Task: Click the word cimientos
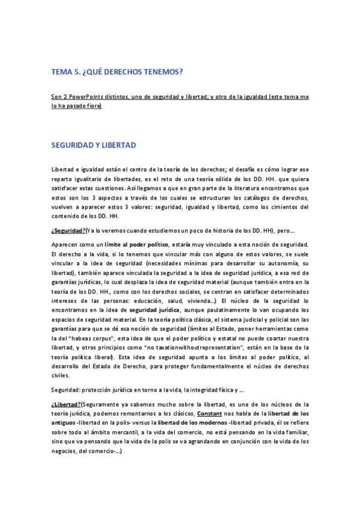tap(288, 206)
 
